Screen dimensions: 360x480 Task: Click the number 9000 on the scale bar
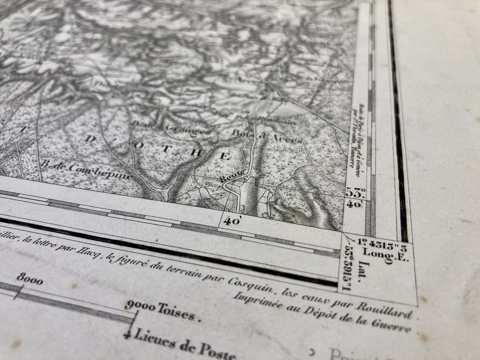(140, 306)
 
